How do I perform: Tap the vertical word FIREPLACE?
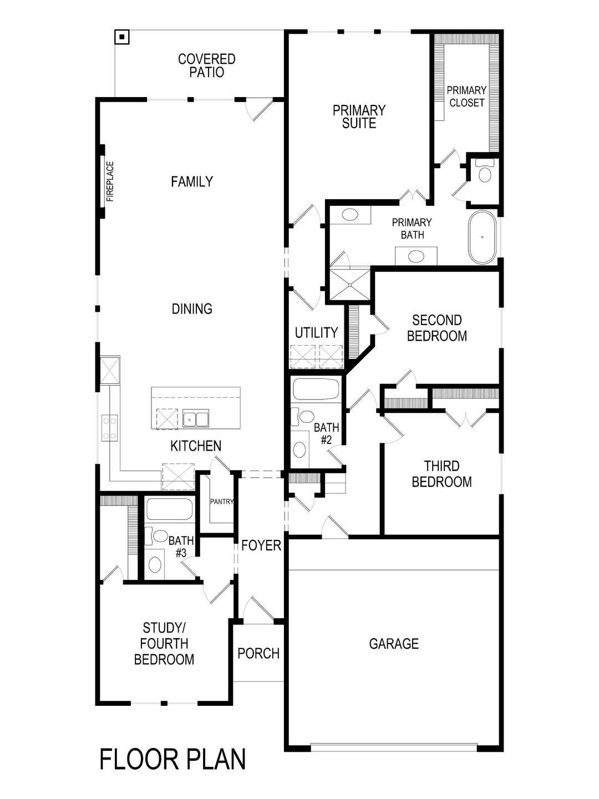point(110,181)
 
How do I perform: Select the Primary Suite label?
point(359,117)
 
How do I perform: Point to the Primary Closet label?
point(467,97)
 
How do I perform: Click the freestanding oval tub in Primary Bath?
point(483,237)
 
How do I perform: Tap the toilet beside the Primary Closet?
point(485,171)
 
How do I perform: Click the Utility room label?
point(316,332)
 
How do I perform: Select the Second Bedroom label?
point(437,328)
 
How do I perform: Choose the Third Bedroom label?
point(441,474)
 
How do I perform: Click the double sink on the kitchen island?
point(196,419)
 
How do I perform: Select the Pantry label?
point(222,502)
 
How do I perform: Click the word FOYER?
point(261,545)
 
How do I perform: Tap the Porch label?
point(258,654)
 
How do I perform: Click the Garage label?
point(394,644)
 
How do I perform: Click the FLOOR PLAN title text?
point(172,759)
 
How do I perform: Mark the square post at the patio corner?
point(121,37)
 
